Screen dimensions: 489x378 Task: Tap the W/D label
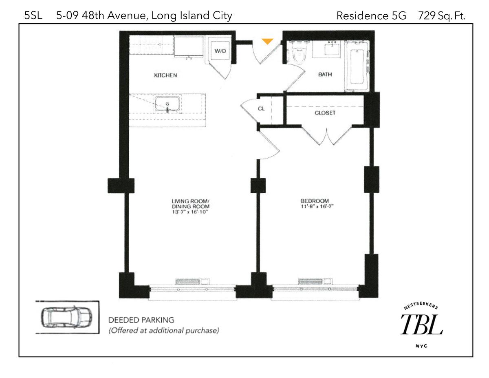(x=220, y=51)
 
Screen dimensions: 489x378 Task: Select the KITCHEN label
(x=165, y=75)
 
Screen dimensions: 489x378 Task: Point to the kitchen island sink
(x=167, y=104)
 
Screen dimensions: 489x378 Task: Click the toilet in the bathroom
(x=298, y=53)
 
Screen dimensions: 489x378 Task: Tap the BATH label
(x=325, y=74)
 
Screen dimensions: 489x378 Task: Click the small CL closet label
(x=261, y=108)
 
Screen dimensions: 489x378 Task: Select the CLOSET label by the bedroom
(x=325, y=113)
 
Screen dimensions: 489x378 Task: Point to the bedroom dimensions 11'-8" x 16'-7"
(x=317, y=206)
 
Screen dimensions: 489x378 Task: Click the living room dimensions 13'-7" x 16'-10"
(x=190, y=212)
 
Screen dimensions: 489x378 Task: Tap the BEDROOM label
(x=315, y=201)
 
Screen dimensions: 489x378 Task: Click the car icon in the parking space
(x=66, y=318)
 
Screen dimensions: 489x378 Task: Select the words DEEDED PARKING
(x=141, y=320)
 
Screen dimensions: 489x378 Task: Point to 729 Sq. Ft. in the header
(x=441, y=16)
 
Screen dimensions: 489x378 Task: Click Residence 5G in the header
(x=371, y=16)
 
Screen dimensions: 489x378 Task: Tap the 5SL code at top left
(x=33, y=15)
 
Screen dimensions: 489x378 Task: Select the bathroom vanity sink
(x=332, y=49)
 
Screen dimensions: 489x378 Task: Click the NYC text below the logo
(x=421, y=346)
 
